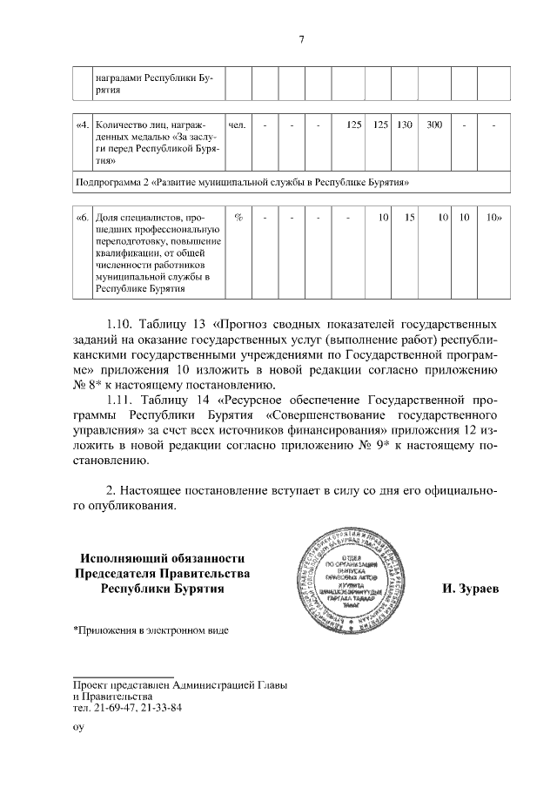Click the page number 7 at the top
300,38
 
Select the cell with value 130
404,125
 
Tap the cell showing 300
433,125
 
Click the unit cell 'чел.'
236,125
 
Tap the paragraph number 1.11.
123,400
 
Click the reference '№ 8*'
89,384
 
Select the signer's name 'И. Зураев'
470,589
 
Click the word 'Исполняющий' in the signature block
124,558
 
